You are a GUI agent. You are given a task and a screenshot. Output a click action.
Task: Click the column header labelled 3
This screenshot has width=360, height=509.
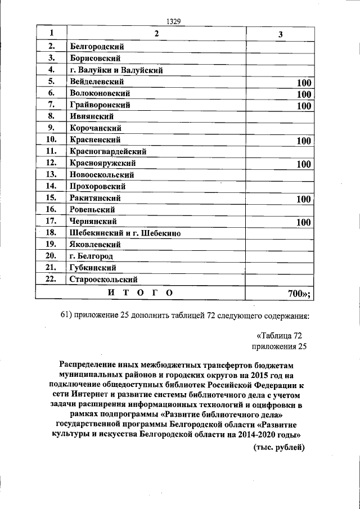[x=280, y=34]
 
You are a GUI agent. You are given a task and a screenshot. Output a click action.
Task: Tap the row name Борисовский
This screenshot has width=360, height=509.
[x=95, y=58]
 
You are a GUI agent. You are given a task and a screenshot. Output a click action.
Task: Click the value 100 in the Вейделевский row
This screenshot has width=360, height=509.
[x=304, y=83]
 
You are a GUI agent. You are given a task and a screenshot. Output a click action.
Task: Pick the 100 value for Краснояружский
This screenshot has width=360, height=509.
[x=304, y=164]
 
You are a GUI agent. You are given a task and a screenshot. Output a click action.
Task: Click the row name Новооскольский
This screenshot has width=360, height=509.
[x=102, y=174]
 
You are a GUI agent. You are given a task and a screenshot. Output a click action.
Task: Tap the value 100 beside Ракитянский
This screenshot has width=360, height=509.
[x=304, y=199]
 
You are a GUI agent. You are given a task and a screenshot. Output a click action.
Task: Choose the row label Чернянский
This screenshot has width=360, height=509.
[x=93, y=221]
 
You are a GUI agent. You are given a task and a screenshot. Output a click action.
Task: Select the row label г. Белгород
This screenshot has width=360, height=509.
[x=91, y=256]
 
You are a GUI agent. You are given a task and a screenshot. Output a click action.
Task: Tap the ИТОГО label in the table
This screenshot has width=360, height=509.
[x=140, y=292]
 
